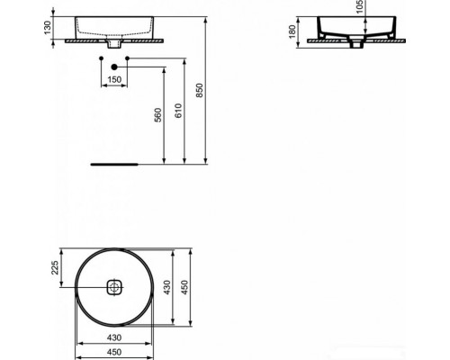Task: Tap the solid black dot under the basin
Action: point(113,67)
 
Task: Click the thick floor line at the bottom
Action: point(113,165)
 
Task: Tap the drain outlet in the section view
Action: point(359,44)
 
